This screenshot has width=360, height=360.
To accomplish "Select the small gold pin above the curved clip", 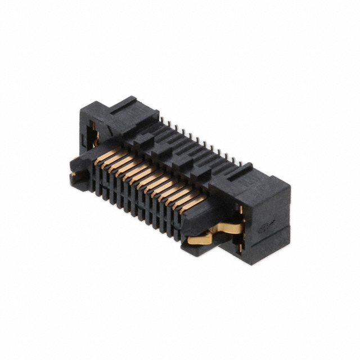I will (241, 211).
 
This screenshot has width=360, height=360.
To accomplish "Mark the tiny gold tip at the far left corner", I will (73, 174).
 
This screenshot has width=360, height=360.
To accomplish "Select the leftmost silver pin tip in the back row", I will (162, 119).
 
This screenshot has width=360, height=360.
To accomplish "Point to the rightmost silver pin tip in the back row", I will (240, 163).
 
